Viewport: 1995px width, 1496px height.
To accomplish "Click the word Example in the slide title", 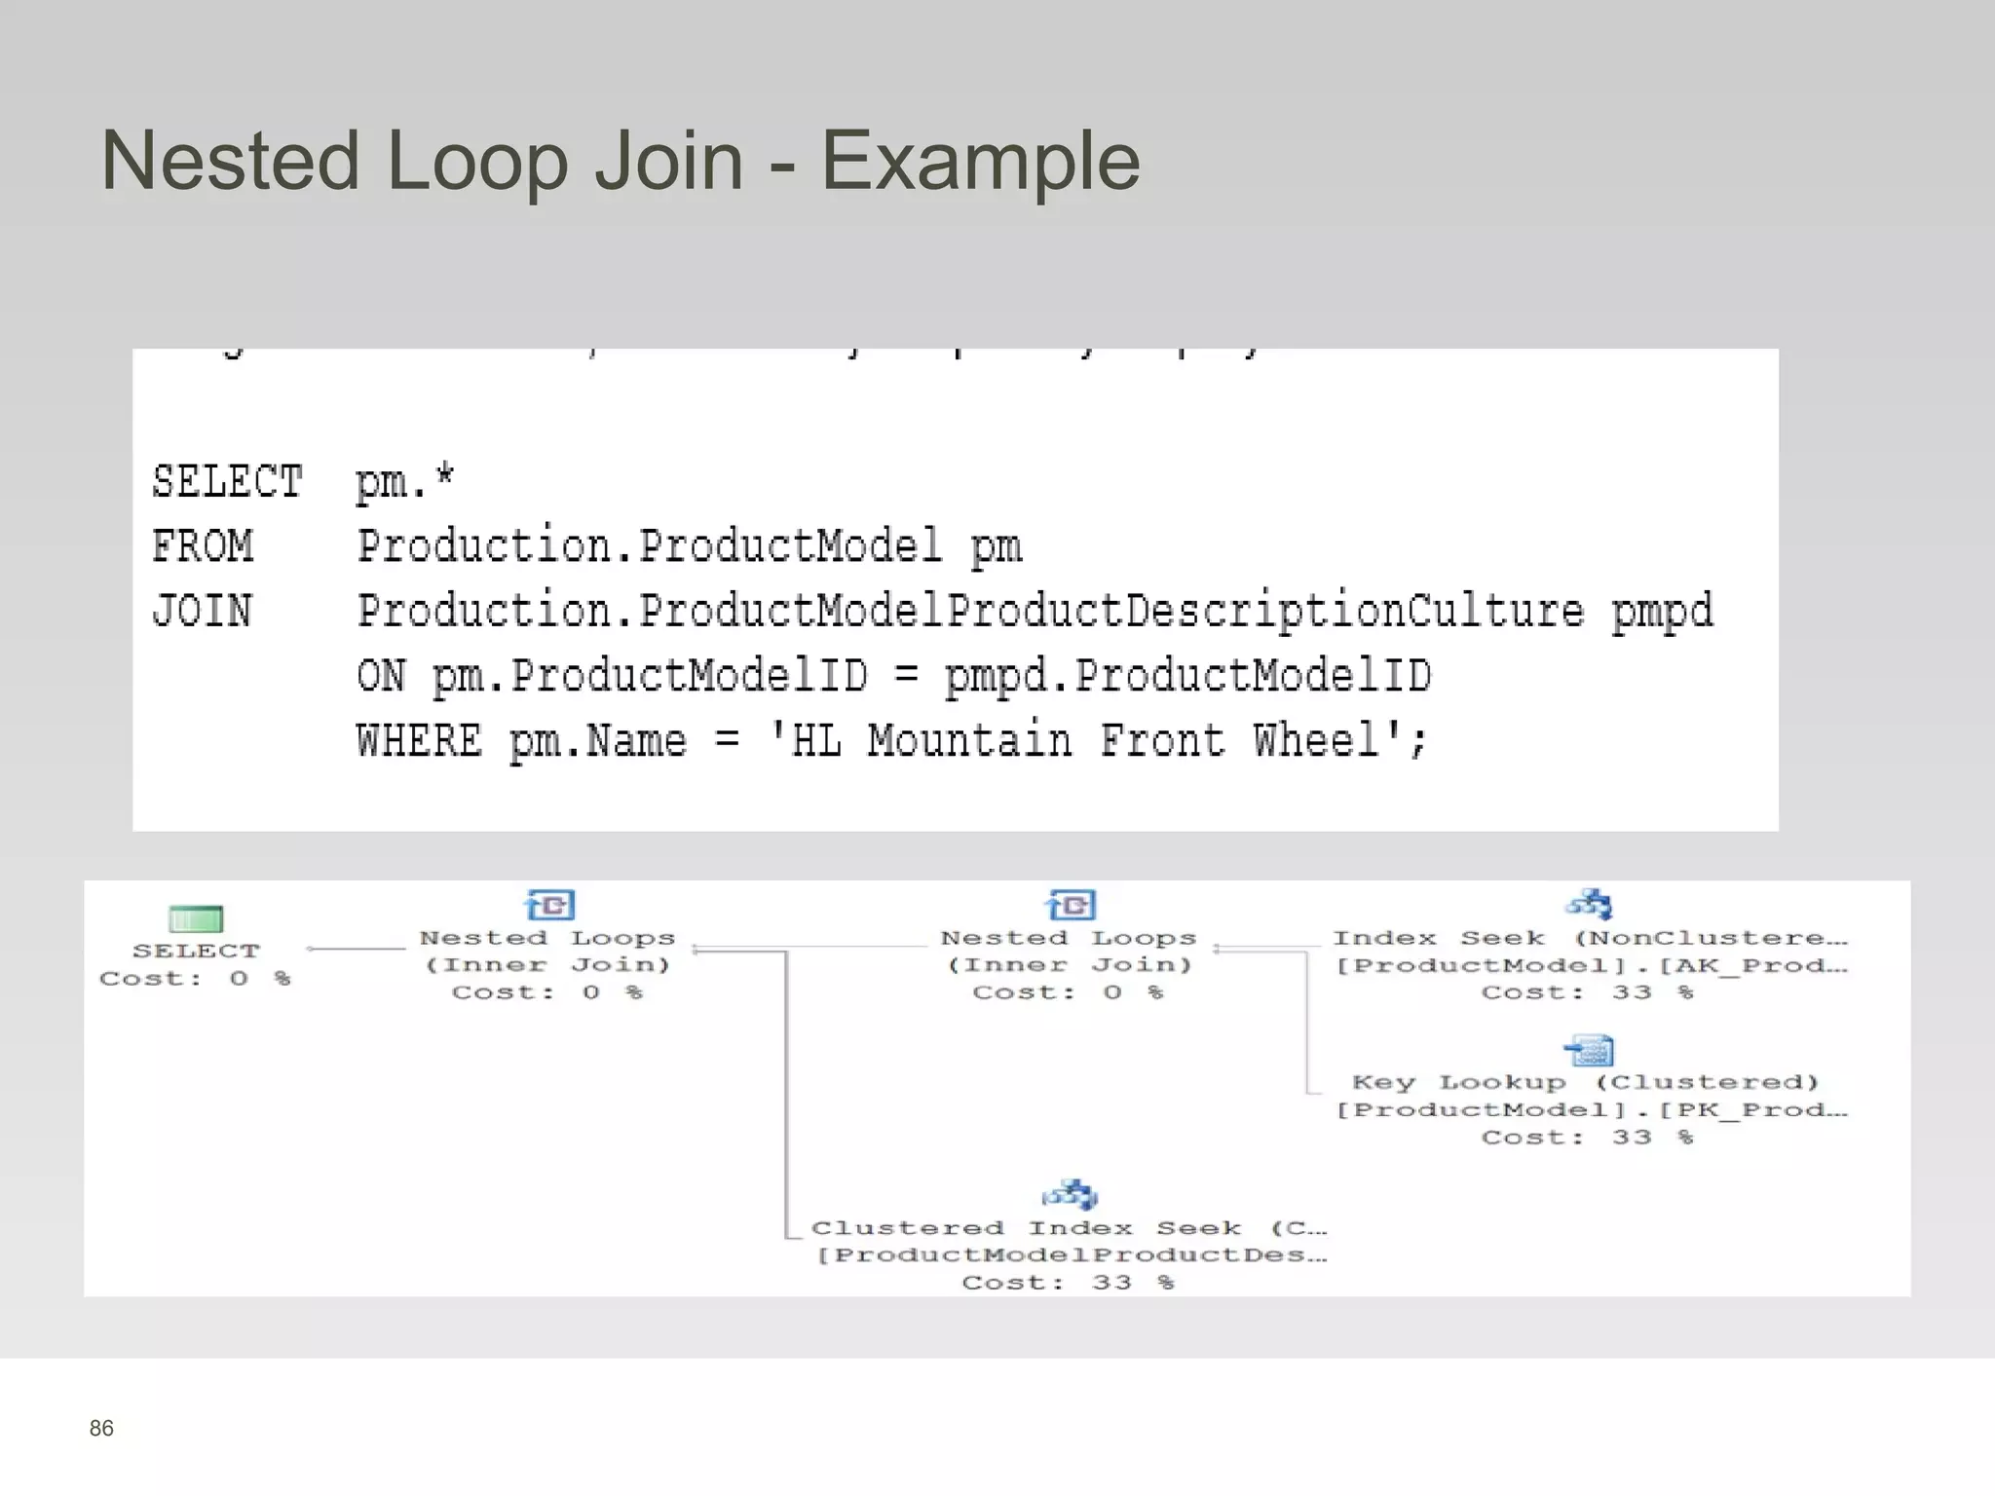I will (x=980, y=162).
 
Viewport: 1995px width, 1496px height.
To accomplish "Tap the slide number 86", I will (x=101, y=1428).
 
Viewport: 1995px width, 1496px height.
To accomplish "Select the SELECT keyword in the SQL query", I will (x=228, y=482).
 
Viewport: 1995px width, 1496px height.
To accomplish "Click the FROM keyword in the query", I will (x=203, y=546).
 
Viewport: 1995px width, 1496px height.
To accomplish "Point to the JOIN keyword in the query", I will (x=203, y=612).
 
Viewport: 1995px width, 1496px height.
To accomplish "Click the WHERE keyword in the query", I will (x=419, y=741).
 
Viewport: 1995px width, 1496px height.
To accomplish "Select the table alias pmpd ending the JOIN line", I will (x=1662, y=612).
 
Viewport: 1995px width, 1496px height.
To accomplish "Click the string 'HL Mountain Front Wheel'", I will (x=1097, y=741).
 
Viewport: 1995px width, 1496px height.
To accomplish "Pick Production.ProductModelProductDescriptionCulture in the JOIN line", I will (x=970, y=612).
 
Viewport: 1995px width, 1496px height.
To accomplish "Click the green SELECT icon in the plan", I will (x=196, y=918).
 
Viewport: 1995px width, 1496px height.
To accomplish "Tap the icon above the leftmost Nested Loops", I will (x=549, y=905).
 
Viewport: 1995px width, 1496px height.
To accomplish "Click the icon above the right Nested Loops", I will (x=1071, y=905).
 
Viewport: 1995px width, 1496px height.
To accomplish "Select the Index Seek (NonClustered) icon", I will (x=1590, y=905).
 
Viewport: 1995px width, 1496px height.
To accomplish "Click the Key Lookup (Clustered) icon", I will (x=1590, y=1051).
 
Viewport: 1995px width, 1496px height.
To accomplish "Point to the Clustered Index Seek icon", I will (x=1070, y=1195).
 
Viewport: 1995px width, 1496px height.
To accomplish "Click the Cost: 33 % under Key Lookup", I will (x=1588, y=1138).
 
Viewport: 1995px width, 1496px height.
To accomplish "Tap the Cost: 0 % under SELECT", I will (x=196, y=979).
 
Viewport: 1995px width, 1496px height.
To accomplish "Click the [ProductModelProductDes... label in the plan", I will (x=1071, y=1255).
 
